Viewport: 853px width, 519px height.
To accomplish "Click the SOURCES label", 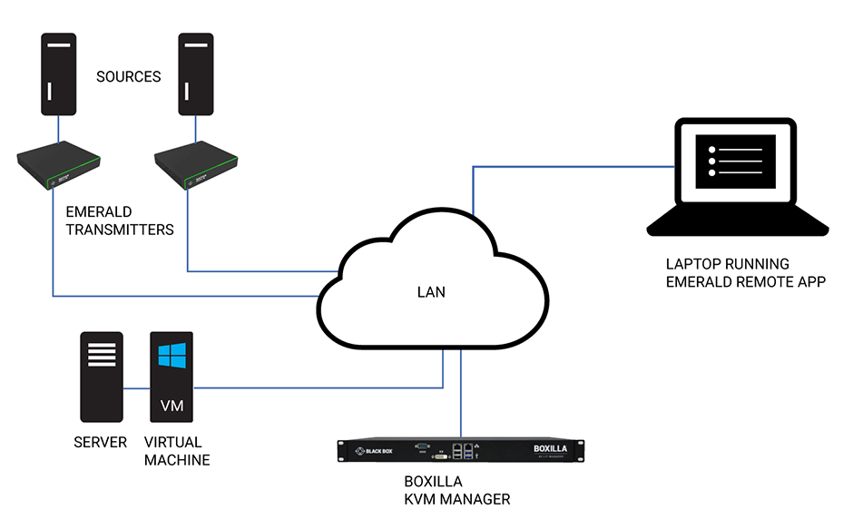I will pos(129,77).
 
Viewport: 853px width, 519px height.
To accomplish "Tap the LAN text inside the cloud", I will pos(431,292).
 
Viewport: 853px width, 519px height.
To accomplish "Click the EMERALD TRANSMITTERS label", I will pos(119,220).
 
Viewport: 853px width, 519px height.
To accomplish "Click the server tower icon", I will pos(100,377).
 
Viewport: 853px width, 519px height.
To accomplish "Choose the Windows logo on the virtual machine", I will pos(172,355).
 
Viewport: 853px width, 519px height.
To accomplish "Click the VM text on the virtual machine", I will pos(172,406).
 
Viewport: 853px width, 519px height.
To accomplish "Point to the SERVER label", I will pos(100,443).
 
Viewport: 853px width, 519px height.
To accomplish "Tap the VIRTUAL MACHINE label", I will pos(177,451).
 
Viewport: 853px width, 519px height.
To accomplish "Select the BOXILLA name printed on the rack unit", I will pos(555,447).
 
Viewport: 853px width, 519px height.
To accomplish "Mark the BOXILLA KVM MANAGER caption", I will pos(456,490).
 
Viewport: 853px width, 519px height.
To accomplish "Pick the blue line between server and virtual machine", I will pos(135,388).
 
